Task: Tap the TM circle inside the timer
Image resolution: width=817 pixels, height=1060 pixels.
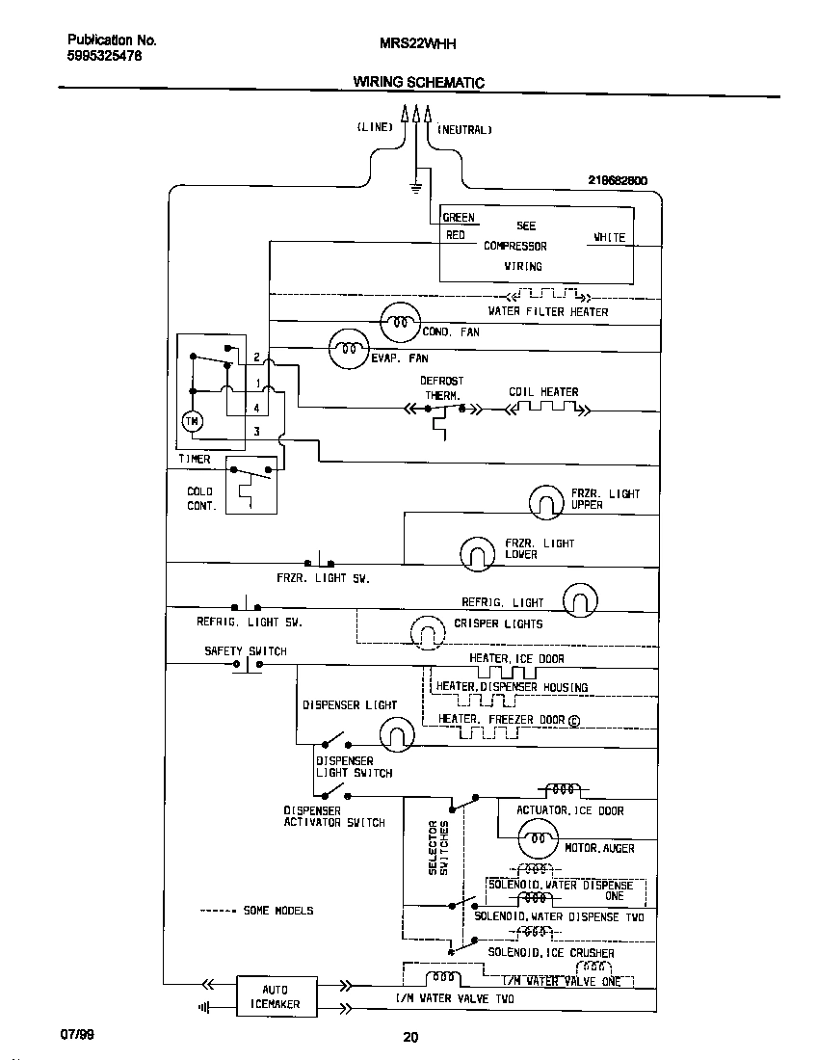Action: (191, 421)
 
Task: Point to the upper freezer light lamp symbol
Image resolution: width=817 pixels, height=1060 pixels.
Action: (548, 501)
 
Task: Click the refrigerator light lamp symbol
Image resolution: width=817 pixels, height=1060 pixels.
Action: (580, 600)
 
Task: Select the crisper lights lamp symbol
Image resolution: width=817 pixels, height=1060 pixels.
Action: (425, 632)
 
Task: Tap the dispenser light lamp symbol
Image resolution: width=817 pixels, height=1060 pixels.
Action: (396, 737)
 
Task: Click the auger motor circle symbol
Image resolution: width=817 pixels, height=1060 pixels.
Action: (538, 841)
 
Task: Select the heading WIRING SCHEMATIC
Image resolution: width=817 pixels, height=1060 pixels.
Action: (418, 83)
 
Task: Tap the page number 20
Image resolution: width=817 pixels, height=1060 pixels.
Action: (410, 1037)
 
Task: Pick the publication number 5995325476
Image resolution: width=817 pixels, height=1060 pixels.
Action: (105, 56)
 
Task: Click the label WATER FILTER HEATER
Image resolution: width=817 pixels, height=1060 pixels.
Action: (548, 312)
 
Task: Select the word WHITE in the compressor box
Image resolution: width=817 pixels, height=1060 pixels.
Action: (609, 237)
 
